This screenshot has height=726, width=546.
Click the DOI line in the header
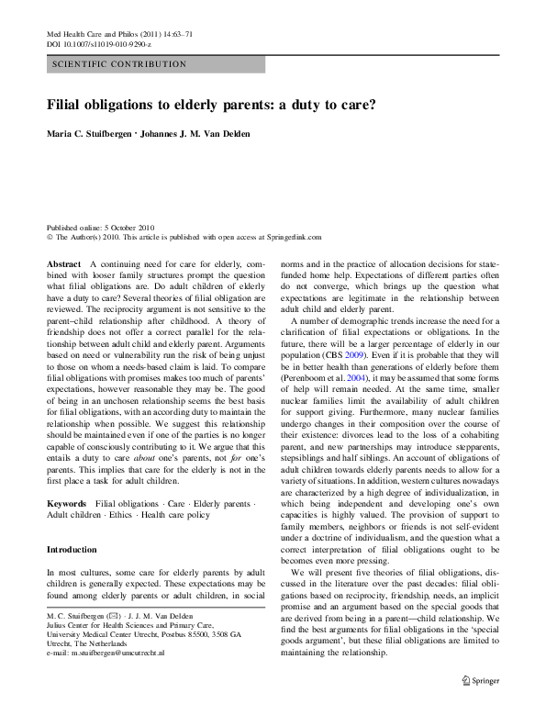99,44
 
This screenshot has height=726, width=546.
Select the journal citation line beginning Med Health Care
118,34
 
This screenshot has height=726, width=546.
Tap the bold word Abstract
63,263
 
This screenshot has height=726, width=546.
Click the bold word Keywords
67,505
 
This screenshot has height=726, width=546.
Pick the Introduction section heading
72,550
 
